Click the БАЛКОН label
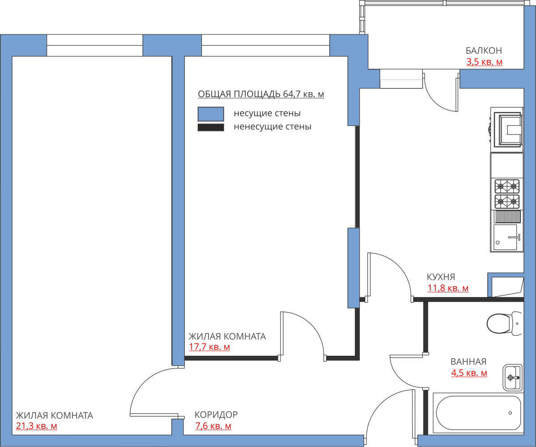coord(484,51)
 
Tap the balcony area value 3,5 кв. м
coord(485,62)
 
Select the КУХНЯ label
coord(441,277)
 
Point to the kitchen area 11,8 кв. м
coord(448,288)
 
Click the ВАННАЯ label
coord(468,361)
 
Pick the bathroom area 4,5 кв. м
coord(469,373)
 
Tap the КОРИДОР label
coord(216,414)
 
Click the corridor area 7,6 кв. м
coord(213,426)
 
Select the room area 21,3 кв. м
coord(37,426)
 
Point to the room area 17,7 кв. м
coord(209,347)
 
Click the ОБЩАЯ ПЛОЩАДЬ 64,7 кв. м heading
coord(261,94)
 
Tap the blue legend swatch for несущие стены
coord(211,114)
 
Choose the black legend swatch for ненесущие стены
coord(211,128)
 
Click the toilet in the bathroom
coord(505,323)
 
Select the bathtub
coord(478,413)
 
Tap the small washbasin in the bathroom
coord(512,377)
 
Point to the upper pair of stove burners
coord(507,186)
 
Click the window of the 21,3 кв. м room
coord(95,45)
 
